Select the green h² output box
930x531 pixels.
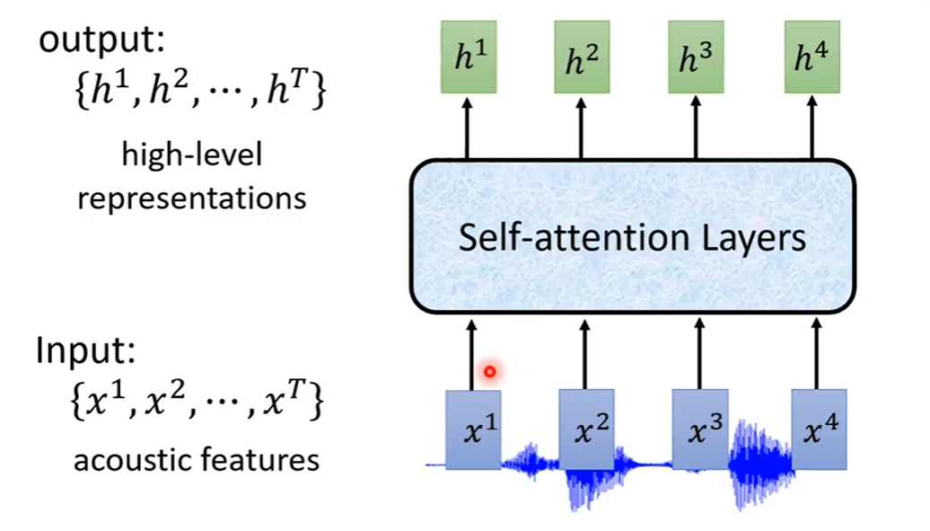pyautogui.click(x=582, y=60)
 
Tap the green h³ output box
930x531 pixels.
pyautogui.click(x=696, y=60)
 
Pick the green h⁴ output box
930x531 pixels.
pyautogui.click(x=812, y=60)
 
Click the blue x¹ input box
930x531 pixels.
pyautogui.click(x=473, y=429)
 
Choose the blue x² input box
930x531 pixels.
pyautogui.click(x=586, y=429)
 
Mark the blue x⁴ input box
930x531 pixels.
pyautogui.click(x=818, y=429)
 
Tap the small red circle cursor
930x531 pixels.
pyautogui.click(x=489, y=370)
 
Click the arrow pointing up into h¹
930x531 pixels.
pyautogui.click(x=467, y=128)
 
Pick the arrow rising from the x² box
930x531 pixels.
pyautogui.click(x=584, y=352)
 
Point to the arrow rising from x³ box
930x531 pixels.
pyautogui.click(x=698, y=352)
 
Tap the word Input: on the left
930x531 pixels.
pyautogui.click(x=84, y=350)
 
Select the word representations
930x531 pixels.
pyautogui.click(x=191, y=198)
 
